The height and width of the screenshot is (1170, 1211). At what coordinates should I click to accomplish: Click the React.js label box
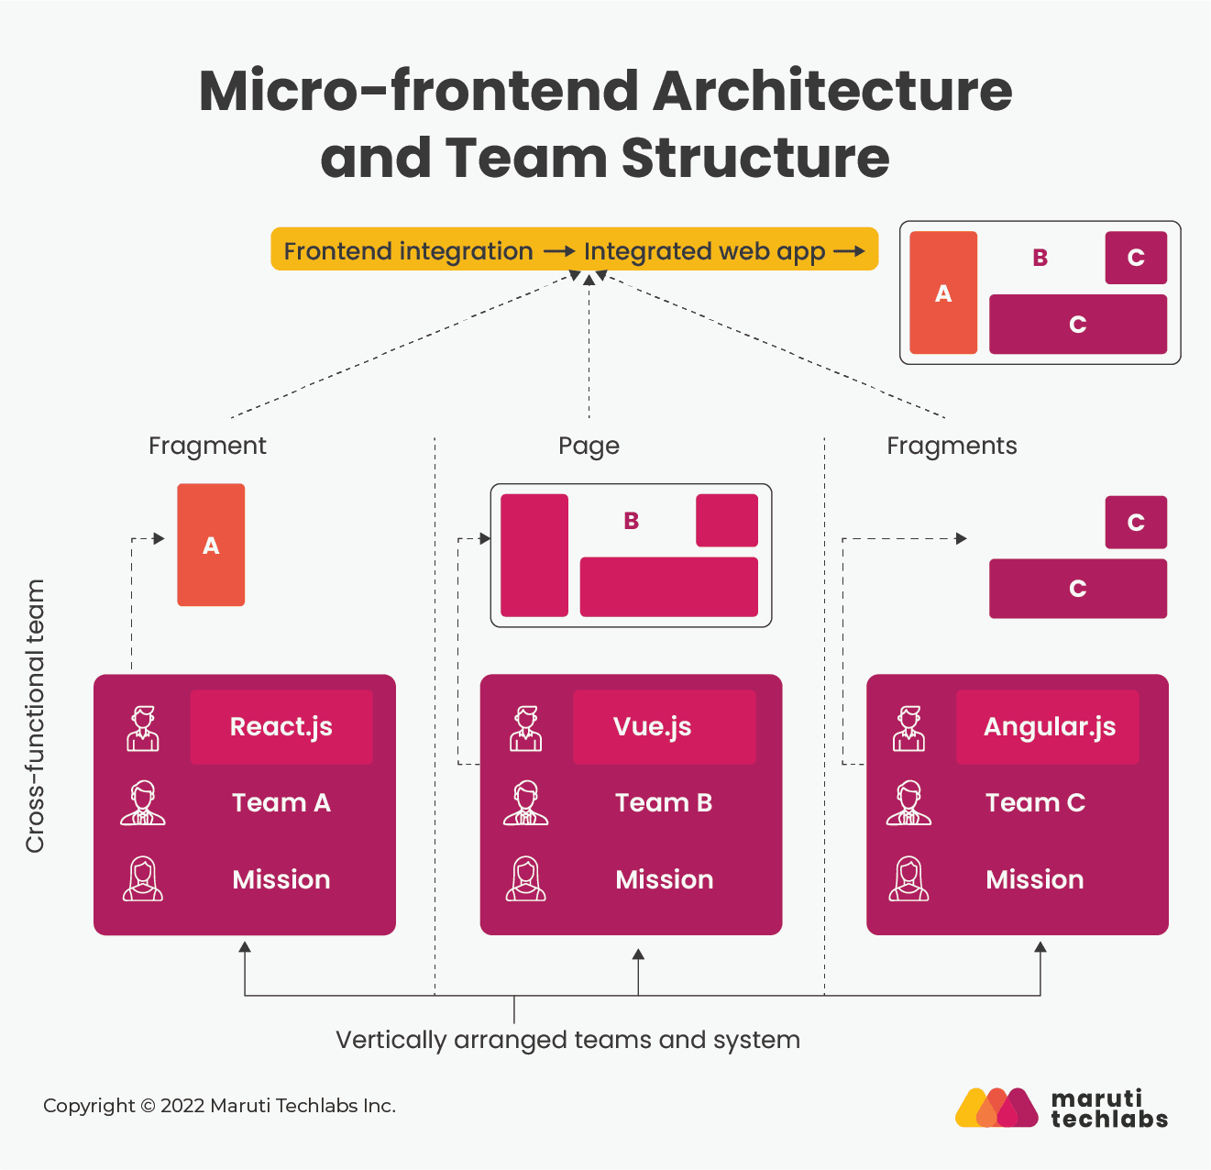point(281,727)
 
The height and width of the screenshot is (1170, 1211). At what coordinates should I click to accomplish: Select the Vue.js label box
point(664,727)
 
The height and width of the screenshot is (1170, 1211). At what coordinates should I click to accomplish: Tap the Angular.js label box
point(1048,727)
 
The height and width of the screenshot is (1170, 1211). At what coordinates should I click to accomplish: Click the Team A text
point(281,803)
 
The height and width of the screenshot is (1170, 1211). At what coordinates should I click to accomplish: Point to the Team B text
point(664,803)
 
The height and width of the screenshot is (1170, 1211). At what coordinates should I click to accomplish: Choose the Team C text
point(1035,803)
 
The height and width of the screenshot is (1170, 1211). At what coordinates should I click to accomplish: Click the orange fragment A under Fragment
point(211,545)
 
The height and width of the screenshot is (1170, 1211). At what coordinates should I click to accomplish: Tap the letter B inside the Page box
point(632,521)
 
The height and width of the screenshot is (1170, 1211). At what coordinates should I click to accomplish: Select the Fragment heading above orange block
point(207,446)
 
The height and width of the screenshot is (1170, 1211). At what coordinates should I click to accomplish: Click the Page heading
point(589,446)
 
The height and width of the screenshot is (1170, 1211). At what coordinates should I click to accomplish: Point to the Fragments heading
point(952,446)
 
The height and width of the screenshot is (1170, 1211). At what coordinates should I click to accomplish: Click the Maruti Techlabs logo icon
point(996,1108)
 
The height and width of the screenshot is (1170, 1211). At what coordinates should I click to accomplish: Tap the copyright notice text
point(219,1106)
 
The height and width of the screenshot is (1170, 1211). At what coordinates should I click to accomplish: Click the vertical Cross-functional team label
point(36,715)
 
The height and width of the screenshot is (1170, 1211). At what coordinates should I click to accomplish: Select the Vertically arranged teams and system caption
point(567,1040)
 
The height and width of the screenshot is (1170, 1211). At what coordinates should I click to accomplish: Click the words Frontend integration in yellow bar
point(408,251)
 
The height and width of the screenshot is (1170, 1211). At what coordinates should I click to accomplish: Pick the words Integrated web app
point(704,251)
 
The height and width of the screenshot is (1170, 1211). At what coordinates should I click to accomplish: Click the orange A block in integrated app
point(943,292)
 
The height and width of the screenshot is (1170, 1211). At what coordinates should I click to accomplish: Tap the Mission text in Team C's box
point(1035,880)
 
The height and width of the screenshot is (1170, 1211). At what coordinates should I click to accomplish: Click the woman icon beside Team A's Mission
point(143,879)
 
